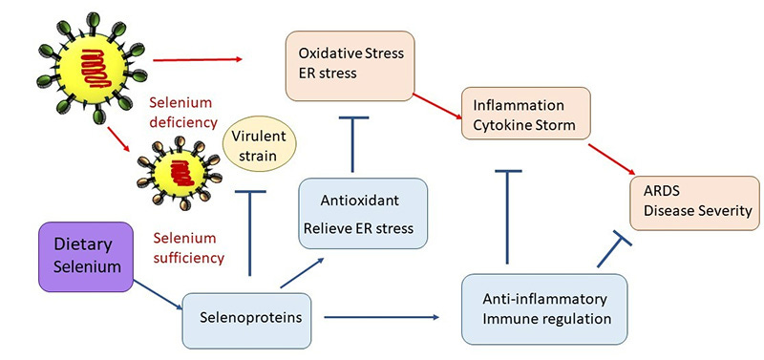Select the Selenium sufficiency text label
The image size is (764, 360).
(187, 247)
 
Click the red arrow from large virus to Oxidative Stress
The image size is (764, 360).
(197, 59)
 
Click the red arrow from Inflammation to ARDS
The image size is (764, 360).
(612, 158)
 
